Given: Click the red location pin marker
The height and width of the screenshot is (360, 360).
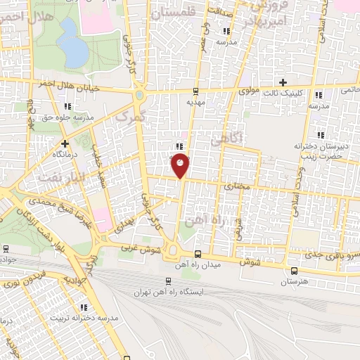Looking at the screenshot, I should pyautogui.click(x=181, y=165).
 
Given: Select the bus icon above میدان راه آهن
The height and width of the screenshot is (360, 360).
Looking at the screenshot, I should pyautogui.click(x=198, y=253).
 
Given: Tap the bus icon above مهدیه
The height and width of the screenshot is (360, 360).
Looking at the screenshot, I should pyautogui.click(x=195, y=91).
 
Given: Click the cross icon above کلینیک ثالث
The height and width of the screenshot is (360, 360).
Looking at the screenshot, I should pyautogui.click(x=283, y=82).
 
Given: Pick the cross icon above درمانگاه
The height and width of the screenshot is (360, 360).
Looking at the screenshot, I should pyautogui.click(x=64, y=143).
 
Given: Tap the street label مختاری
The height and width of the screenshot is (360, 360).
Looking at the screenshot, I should pyautogui.click(x=236, y=187).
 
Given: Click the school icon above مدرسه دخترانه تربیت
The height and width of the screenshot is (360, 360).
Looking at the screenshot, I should pyautogui.click(x=84, y=307).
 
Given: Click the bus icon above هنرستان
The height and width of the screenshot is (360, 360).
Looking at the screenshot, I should pyautogui.click(x=293, y=270).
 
